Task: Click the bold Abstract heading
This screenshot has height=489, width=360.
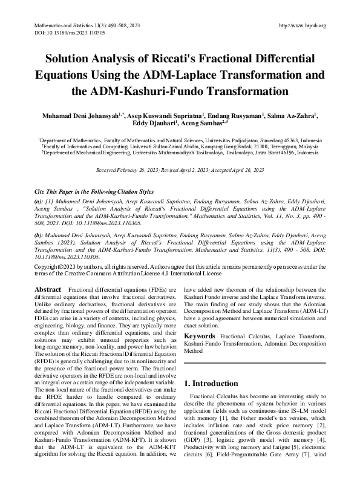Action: click(48, 290)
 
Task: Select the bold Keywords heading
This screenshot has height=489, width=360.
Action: click(200, 335)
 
